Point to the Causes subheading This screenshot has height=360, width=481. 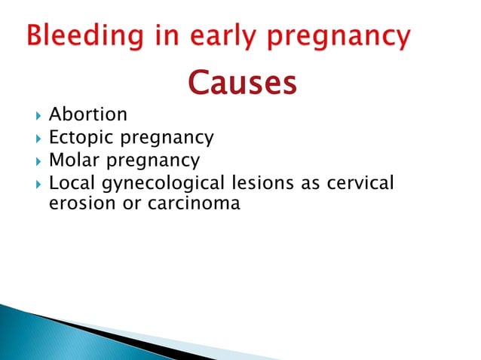[x=240, y=84]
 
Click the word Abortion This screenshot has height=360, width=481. [x=87, y=114]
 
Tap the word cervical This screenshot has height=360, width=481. [x=360, y=183]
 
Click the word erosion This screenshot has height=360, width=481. [x=76, y=203]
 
